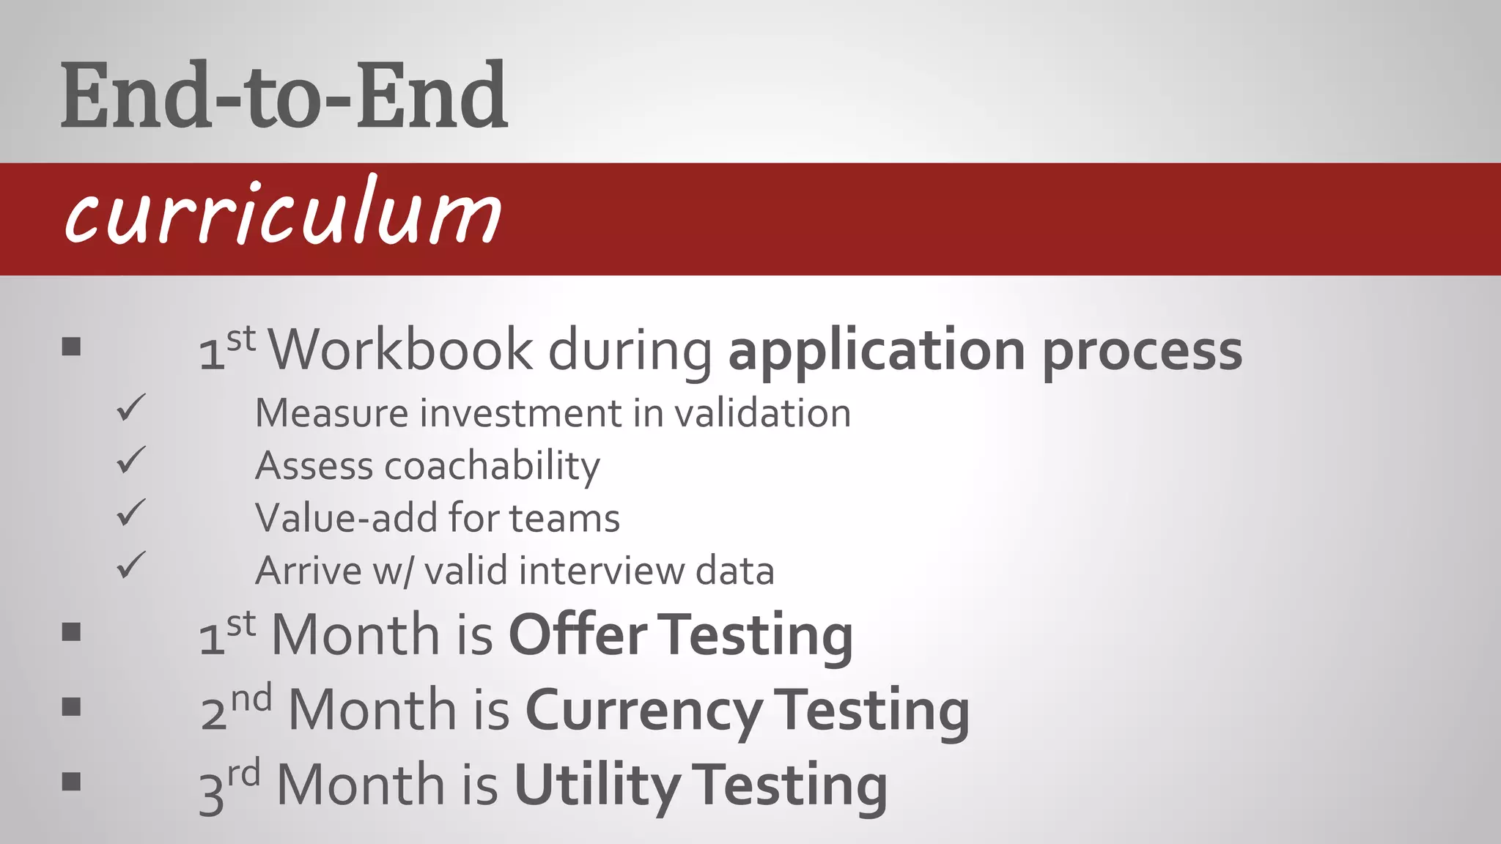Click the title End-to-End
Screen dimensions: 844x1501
click(284, 95)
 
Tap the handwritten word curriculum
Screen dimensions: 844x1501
click(283, 212)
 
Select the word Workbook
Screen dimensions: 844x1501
click(401, 349)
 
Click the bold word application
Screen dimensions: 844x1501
click(876, 351)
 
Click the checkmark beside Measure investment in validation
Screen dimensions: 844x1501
click(131, 407)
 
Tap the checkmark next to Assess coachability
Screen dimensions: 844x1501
click(131, 460)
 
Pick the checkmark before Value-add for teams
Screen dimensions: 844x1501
click(131, 513)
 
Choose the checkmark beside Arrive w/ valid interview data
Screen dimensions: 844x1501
click(131, 566)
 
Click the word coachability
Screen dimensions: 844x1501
click(492, 467)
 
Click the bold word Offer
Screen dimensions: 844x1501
click(578, 634)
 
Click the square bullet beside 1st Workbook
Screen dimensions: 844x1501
click(71, 347)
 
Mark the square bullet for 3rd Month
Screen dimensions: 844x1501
click(71, 782)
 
